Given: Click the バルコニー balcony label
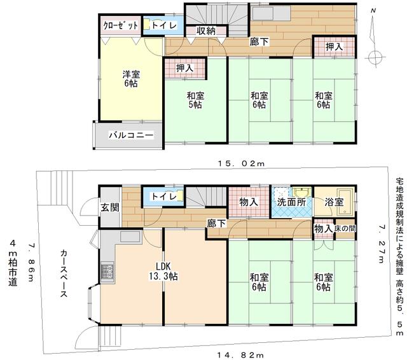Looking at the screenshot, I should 130,135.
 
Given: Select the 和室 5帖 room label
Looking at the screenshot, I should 195,100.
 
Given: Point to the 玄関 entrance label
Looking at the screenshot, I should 109,206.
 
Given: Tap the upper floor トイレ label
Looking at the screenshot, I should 165,25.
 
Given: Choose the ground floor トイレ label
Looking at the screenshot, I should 164,197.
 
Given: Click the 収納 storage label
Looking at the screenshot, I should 206,31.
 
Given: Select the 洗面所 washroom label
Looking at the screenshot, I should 291,202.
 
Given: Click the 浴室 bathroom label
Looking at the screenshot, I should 335,202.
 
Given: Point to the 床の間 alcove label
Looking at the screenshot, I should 345,228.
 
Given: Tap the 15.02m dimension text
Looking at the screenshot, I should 239,163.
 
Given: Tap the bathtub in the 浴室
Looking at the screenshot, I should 343,196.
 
